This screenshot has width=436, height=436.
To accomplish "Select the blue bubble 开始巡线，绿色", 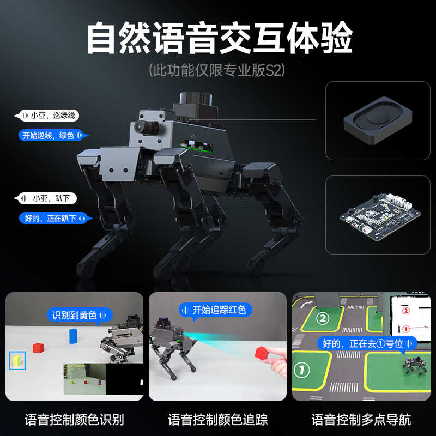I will [52, 135].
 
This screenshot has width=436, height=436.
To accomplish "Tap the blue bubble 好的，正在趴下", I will [53, 218].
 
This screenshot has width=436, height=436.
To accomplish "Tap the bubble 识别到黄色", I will [79, 315].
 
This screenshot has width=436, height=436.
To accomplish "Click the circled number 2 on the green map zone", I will [323, 318].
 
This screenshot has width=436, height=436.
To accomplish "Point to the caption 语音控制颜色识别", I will [75, 420].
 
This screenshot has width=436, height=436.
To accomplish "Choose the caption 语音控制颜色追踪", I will [218, 420].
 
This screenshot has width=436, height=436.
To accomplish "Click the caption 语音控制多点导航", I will [361, 420].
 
